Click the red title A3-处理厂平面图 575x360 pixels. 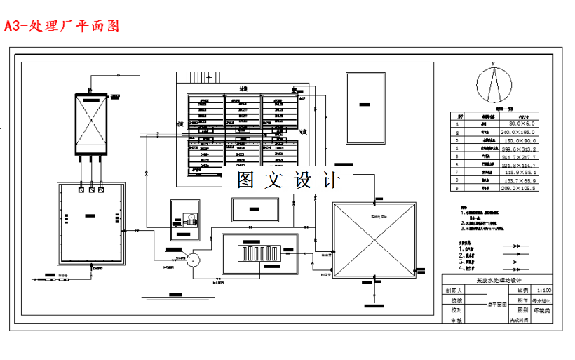click(x=62, y=27)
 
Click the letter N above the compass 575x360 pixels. click(x=494, y=65)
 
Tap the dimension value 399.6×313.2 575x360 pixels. click(x=516, y=149)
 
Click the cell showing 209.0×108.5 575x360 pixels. click(x=516, y=188)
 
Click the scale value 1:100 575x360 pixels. click(x=543, y=289)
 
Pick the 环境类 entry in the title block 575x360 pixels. click(x=543, y=309)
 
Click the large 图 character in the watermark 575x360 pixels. click(x=244, y=180)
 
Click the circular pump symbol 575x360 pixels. click(x=213, y=259)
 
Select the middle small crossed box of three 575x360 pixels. click(x=91, y=189)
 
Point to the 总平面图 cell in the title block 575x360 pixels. click(x=497, y=305)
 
